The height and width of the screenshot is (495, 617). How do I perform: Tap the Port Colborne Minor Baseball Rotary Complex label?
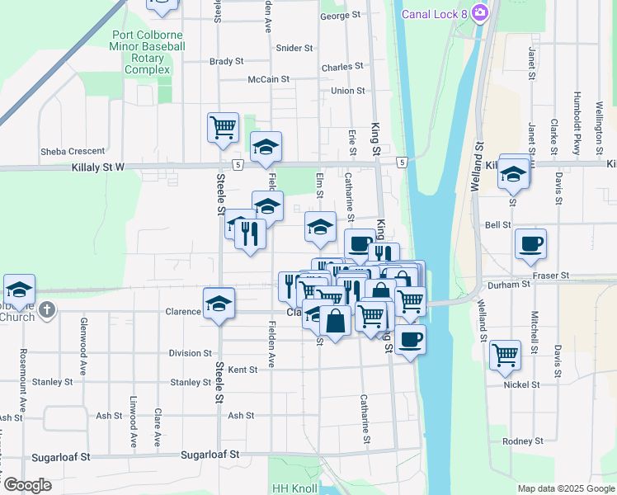pos(148,53)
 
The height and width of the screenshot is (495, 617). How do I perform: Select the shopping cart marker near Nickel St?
pos(505,356)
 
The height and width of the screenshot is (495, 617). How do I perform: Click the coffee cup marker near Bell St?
pos(530,244)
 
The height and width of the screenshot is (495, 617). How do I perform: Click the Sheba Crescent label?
pos(73,151)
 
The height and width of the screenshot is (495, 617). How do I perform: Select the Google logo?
pos(27,486)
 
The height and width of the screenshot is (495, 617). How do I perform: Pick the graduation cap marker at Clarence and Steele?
pos(219,303)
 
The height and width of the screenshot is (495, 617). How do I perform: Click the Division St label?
pos(191,353)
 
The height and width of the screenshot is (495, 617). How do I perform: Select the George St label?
pos(340,16)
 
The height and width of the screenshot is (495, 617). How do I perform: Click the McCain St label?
pos(268,80)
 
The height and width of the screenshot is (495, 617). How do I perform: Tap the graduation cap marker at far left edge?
pos(19,290)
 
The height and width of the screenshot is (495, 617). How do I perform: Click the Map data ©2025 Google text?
pos(565,488)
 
